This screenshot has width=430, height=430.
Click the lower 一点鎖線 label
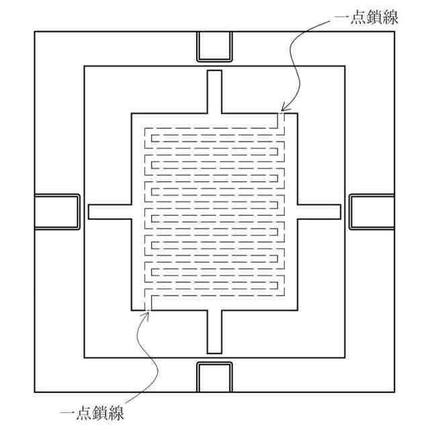92,411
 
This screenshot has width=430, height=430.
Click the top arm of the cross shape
214,91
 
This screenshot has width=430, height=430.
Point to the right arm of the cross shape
320,211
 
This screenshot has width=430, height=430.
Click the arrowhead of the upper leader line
284,108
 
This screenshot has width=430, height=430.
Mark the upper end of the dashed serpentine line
283,116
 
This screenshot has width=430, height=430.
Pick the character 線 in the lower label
116,411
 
